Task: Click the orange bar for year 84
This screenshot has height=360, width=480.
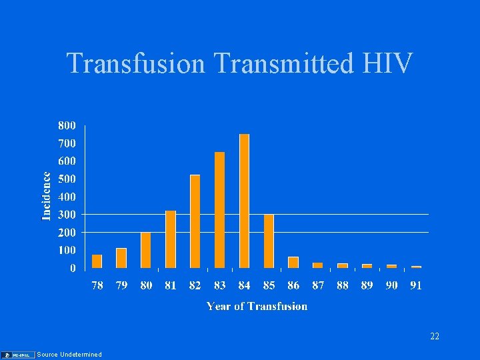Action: [244, 201]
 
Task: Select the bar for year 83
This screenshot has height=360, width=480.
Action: [219, 210]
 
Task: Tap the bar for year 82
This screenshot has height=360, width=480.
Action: [195, 221]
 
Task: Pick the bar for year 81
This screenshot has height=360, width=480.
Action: [171, 239]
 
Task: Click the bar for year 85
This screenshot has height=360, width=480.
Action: [269, 241]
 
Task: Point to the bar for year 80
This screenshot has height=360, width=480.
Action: [146, 250]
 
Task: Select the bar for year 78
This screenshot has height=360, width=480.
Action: [97, 261]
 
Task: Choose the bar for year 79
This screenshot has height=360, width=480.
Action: [121, 258]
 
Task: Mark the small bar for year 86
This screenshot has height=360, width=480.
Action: [293, 262]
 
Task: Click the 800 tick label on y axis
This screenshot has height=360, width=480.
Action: [67, 125]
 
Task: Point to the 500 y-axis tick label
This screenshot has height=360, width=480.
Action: [67, 179]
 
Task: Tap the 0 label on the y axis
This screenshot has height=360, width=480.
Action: [72, 268]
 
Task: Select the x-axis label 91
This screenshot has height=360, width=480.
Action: [416, 285]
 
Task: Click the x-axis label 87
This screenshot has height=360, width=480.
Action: [318, 285]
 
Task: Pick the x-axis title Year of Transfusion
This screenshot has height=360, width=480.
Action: [257, 306]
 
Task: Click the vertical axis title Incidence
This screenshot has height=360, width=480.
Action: [47, 196]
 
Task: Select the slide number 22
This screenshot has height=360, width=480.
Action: [434, 337]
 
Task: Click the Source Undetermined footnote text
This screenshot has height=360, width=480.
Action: [69, 355]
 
